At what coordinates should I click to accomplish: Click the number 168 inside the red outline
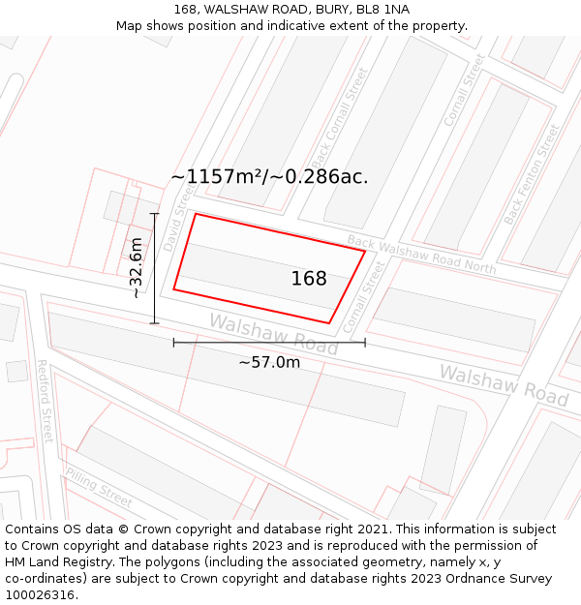click(309, 279)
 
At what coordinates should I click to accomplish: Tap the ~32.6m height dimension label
click(137, 268)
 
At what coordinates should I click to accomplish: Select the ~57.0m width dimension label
click(269, 362)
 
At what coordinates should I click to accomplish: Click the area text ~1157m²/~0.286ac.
click(269, 177)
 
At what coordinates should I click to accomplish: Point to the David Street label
click(179, 220)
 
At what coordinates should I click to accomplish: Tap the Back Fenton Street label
click(532, 174)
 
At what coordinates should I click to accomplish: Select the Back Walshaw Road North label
click(421, 255)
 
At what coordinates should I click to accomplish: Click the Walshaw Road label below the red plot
click(273, 334)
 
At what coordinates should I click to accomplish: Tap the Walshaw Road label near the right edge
click(504, 384)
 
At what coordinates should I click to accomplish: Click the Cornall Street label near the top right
click(463, 90)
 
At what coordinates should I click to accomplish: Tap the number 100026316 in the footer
click(41, 594)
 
